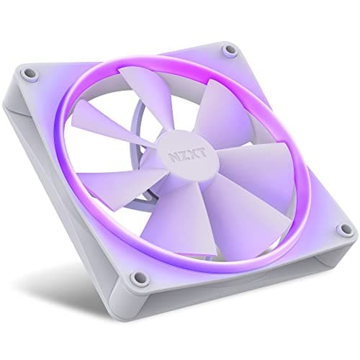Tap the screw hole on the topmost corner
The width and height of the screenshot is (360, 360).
(x=229, y=50)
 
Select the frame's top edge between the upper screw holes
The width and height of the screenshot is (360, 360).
(x=130, y=61)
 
